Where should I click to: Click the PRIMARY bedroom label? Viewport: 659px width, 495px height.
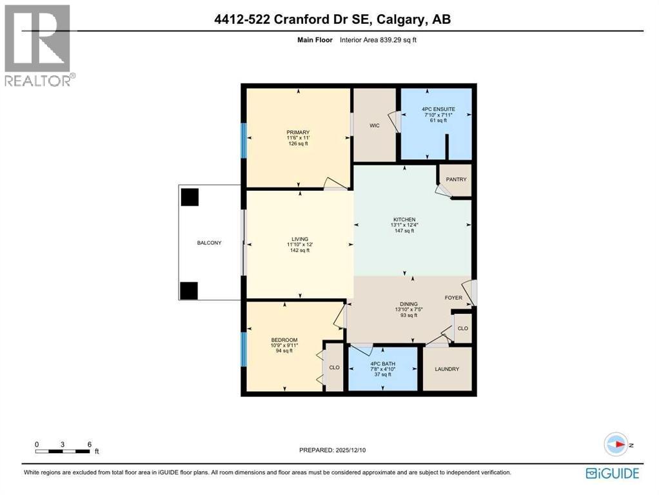point(298,133)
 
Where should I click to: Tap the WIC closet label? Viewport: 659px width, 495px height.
point(374,126)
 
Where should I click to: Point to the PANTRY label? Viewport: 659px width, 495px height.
point(455,179)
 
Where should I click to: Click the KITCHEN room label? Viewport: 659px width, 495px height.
point(404,220)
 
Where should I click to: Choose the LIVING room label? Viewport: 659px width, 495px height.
point(298,238)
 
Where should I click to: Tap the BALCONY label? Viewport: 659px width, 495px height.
point(210,243)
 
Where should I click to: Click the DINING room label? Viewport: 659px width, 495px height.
point(408,304)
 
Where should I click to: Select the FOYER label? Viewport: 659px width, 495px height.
point(454,298)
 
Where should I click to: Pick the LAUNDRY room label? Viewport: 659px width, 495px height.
point(447,369)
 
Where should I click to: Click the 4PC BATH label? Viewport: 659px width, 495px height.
point(382,364)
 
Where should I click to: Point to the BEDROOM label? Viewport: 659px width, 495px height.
point(284,340)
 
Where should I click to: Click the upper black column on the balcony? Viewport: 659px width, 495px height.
point(190,197)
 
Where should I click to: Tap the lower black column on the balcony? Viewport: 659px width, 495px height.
point(189,291)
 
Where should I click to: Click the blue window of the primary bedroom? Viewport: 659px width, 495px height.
point(243,141)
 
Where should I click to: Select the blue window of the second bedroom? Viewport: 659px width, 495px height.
point(243,349)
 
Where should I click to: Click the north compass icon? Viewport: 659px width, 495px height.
point(616,445)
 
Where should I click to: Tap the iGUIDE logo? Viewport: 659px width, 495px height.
point(612,474)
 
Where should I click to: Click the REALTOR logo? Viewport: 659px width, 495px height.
point(38,46)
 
